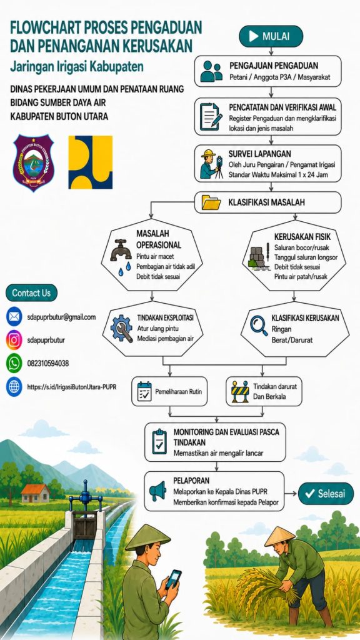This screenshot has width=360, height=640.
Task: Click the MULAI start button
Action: coord(271,36)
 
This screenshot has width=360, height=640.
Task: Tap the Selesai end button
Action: coord(326,494)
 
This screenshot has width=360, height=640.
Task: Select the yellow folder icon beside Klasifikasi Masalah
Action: coord(211,202)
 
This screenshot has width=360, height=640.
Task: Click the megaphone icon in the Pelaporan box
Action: coord(157,491)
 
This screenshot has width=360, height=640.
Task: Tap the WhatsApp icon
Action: coord(14,363)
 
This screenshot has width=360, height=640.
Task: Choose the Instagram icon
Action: coord(14,339)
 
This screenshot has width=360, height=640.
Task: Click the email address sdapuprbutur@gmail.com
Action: coord(61,317)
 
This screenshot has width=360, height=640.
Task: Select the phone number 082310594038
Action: coord(47,363)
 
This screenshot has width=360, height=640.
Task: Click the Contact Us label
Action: coord(31,292)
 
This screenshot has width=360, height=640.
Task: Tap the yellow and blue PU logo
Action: coord(90,162)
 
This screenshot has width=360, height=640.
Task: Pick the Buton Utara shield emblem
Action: coord(33,162)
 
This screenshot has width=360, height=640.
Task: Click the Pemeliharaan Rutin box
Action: coord(169,391)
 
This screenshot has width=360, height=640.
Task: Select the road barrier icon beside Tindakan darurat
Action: coord(239,391)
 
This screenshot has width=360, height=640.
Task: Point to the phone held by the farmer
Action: coord(174,578)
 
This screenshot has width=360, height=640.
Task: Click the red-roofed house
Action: coord(36,493)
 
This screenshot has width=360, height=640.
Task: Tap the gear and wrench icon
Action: coord(121,329)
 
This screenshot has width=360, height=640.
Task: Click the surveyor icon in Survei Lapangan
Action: coord(212,164)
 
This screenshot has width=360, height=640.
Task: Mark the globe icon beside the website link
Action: coord(14,386)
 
